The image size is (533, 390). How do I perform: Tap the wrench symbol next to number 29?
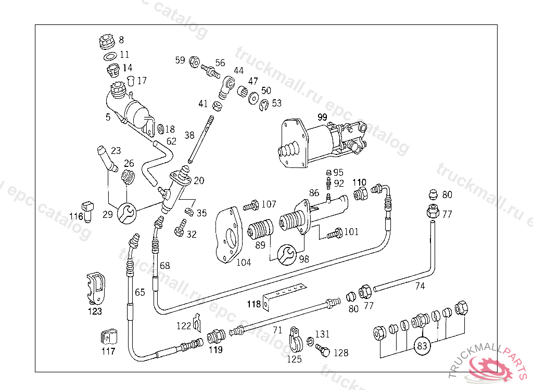click(126, 213)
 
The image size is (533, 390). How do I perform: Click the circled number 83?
click(422, 345)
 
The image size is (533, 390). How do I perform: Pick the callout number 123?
click(95, 311)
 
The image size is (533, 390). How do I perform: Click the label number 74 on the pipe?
click(420, 285)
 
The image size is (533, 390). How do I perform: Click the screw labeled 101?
click(334, 233)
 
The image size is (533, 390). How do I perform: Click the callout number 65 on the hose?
click(140, 292)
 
